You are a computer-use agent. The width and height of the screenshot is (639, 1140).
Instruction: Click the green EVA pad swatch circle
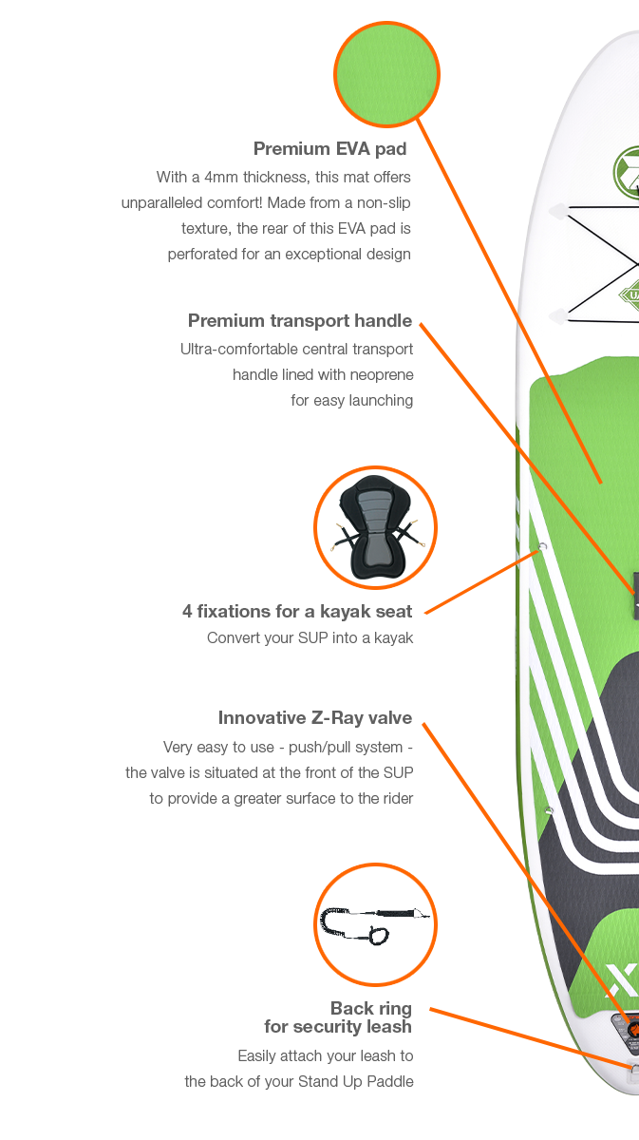pyautogui.click(x=386, y=74)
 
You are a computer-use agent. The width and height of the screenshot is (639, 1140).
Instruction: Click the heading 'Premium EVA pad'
pyautogui.click(x=330, y=149)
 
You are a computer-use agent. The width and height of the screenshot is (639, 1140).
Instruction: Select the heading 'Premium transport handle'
pyautogui.click(x=300, y=321)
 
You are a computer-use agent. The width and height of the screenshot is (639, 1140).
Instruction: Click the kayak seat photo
pyautogui.click(x=375, y=526)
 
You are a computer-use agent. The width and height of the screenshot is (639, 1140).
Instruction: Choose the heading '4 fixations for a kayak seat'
pyautogui.click(x=296, y=612)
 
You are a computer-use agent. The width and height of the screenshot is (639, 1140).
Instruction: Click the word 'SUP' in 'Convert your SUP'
pyautogui.click(x=312, y=638)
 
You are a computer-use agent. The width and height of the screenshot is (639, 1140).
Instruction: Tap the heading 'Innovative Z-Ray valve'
pyautogui.click(x=315, y=718)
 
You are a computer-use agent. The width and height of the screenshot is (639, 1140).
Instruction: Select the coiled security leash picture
pyautogui.click(x=373, y=924)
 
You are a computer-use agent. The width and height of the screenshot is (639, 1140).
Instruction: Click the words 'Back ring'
pyautogui.click(x=370, y=1009)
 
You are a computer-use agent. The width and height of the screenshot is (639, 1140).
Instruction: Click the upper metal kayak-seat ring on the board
pyautogui.click(x=541, y=548)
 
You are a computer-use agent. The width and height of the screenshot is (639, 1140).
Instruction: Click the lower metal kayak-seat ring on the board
pyautogui.click(x=549, y=810)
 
